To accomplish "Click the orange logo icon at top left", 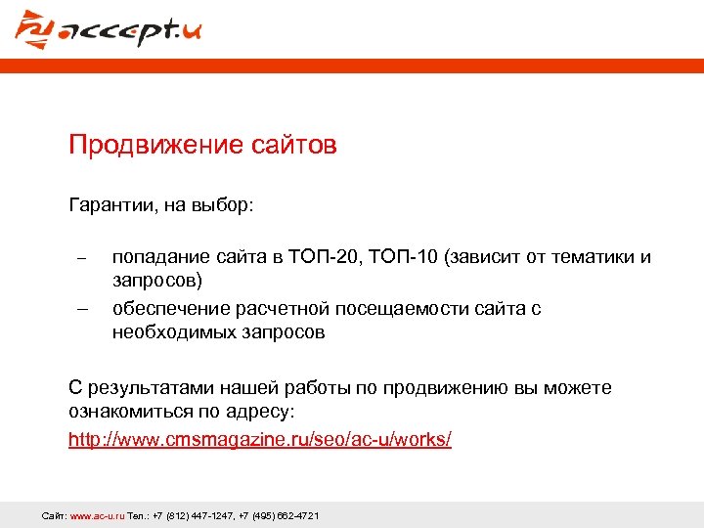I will (x=36, y=29).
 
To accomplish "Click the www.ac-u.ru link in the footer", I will (x=97, y=515).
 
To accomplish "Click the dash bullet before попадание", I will (x=82, y=259).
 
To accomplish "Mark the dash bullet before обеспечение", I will (x=82, y=311).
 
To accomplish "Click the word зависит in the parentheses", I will (x=486, y=257).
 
